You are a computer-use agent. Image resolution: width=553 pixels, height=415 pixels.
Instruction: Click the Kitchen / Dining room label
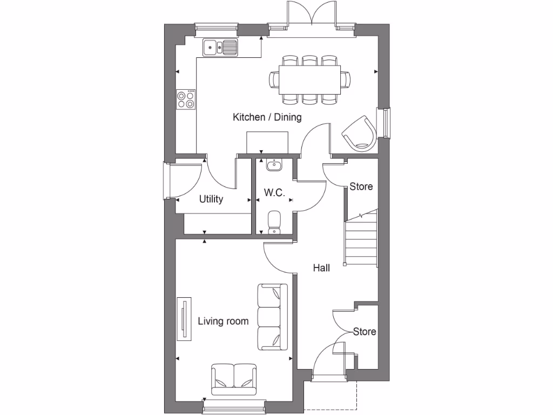(x=267, y=117)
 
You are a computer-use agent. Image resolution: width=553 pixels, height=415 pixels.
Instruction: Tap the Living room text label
(x=223, y=322)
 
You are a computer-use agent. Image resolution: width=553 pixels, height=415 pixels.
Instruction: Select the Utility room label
(x=211, y=199)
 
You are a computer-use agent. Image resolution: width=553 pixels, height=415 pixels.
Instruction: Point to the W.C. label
(x=274, y=193)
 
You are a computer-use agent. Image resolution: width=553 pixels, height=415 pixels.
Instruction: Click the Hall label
(x=321, y=267)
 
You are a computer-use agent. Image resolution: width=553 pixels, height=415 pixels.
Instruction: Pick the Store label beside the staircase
(x=361, y=187)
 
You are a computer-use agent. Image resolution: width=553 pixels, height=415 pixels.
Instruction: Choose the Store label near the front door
(x=364, y=331)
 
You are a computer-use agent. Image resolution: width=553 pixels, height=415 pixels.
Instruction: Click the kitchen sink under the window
(x=220, y=48)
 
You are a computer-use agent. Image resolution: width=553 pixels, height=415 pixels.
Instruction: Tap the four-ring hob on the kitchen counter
(x=186, y=99)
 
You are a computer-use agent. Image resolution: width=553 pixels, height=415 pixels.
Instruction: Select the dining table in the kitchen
(x=309, y=79)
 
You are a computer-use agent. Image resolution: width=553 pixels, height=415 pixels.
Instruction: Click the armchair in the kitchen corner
(x=359, y=132)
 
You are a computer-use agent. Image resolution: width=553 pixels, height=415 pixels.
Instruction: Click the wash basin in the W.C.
(x=274, y=164)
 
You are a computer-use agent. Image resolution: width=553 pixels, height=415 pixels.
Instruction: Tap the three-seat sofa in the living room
(x=272, y=316)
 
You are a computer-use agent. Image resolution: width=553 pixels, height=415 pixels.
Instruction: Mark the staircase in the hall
(x=361, y=239)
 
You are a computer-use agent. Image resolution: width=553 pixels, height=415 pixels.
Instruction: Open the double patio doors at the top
(x=312, y=14)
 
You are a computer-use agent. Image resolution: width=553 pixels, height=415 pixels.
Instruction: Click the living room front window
(x=234, y=406)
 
